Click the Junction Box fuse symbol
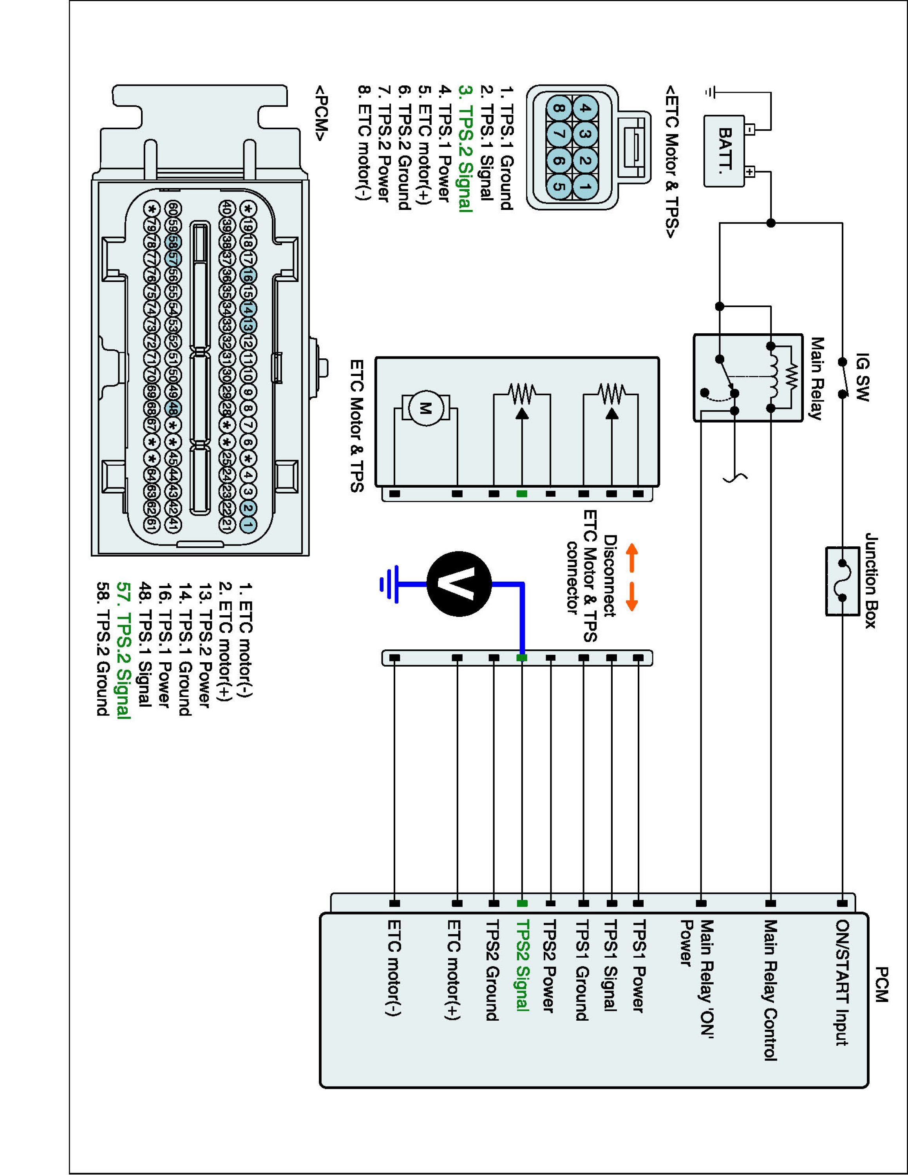842,581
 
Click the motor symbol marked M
425,409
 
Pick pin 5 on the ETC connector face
559,187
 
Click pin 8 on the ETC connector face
559,108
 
